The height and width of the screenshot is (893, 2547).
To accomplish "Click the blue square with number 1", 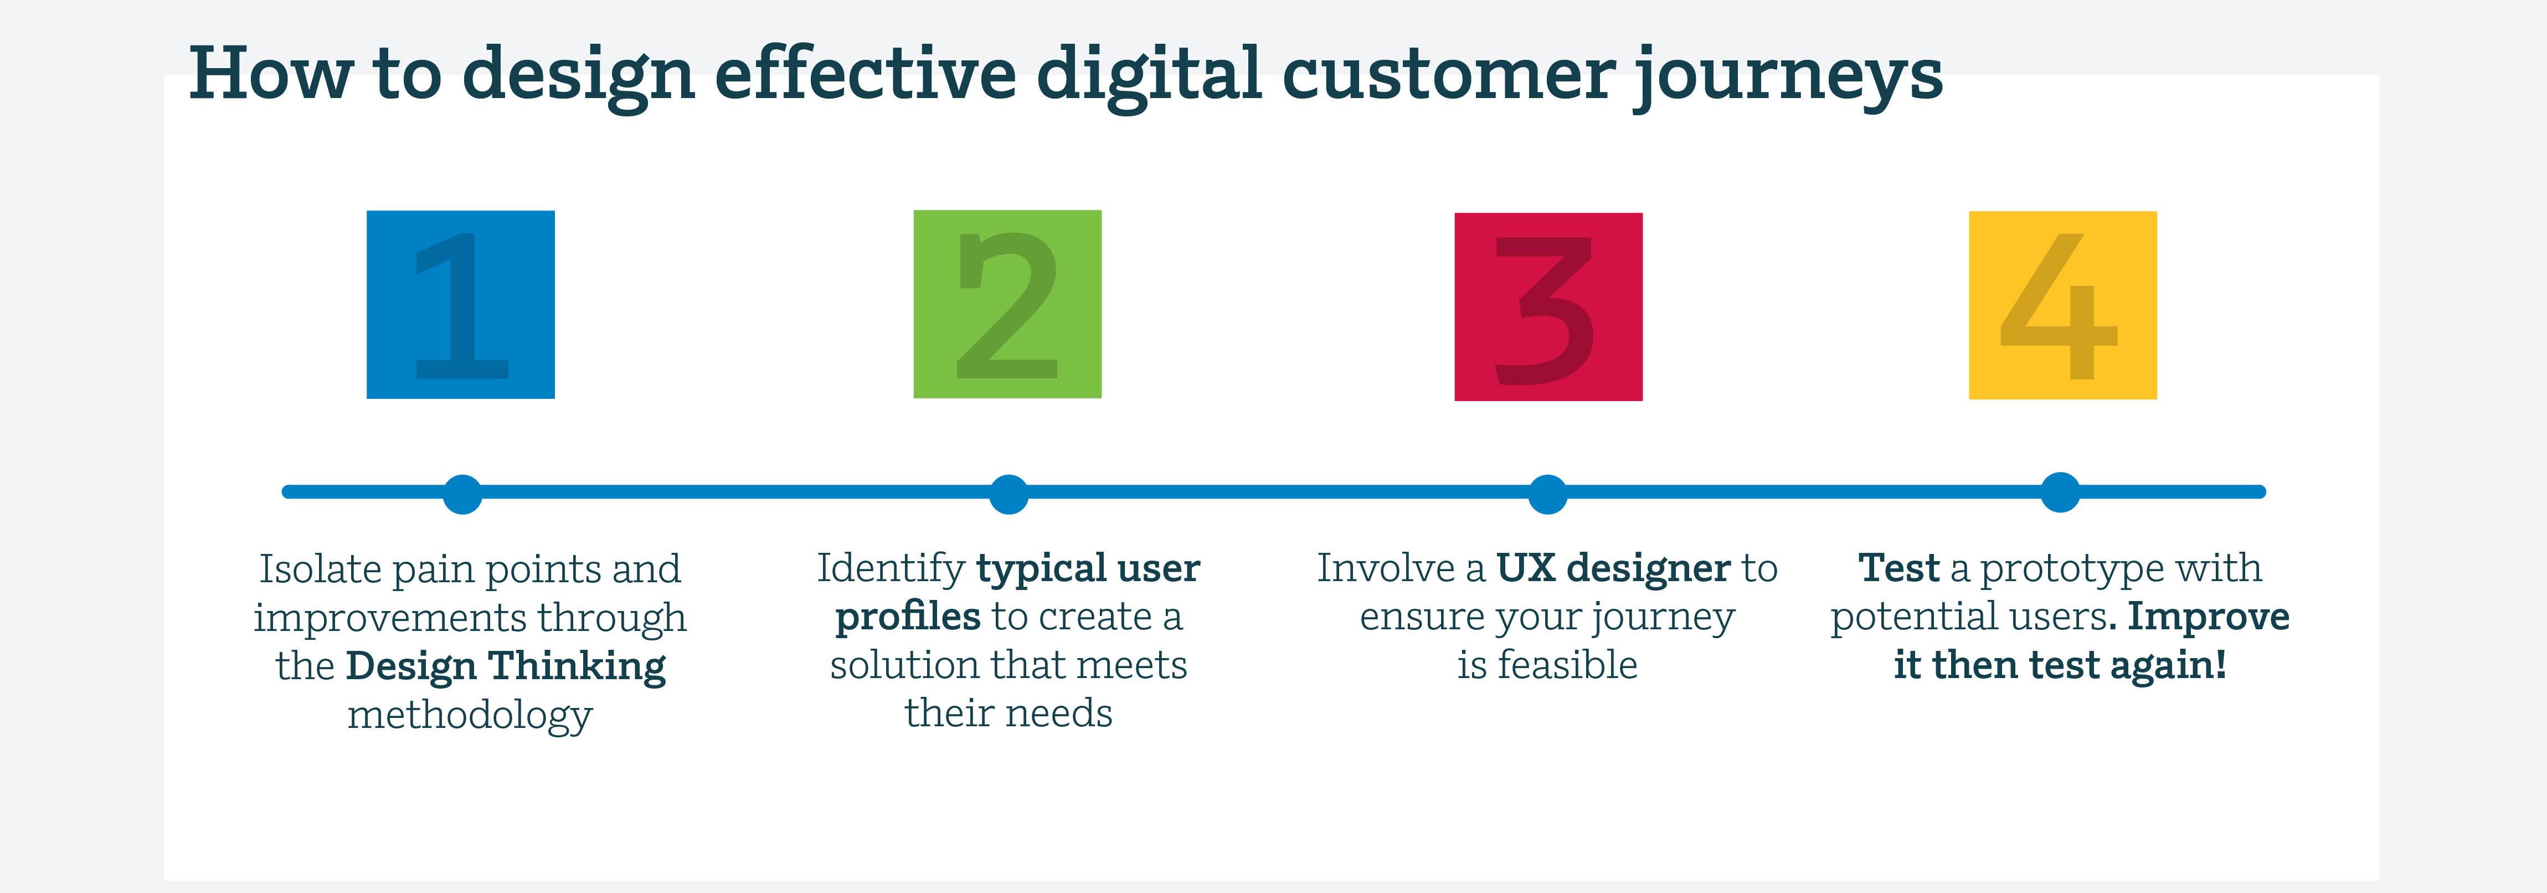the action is [461, 305].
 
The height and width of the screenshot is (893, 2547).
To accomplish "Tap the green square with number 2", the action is [1007, 304].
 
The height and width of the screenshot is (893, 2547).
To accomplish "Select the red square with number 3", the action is [1548, 306].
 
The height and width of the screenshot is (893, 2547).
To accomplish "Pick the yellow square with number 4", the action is [2062, 305].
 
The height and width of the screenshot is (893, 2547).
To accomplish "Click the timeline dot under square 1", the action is [462, 494].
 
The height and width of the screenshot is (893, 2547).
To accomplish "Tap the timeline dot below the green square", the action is [1008, 494].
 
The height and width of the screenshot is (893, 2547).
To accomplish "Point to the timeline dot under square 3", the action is [1547, 494].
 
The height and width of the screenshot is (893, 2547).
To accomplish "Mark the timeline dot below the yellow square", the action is [2061, 491].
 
